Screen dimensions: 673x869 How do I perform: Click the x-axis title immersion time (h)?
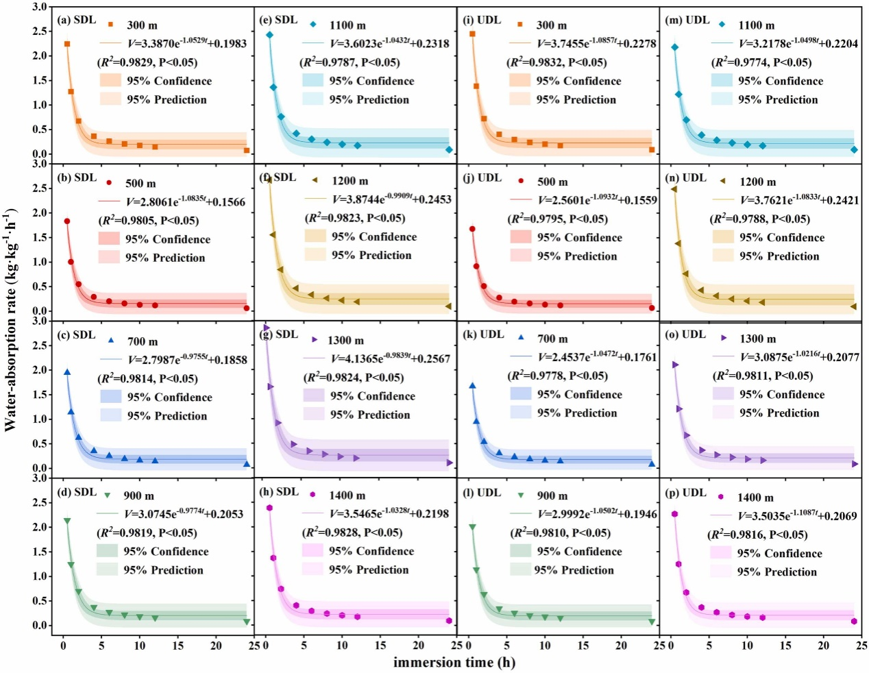[454, 662]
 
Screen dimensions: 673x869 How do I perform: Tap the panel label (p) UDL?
[685, 493]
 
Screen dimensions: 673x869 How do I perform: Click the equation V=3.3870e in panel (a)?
[187, 43]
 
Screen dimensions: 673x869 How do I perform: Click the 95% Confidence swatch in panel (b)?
[109, 239]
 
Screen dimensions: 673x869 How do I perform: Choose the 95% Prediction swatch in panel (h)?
[312, 570]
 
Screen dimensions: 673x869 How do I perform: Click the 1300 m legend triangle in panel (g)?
[315, 340]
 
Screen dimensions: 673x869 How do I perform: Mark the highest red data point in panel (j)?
[472, 229]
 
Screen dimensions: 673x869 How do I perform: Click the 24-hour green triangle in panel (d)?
[247, 622]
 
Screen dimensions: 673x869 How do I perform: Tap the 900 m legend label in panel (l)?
[552, 495]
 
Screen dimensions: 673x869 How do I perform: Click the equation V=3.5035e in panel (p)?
[797, 515]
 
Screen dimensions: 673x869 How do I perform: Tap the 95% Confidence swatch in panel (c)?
[110, 397]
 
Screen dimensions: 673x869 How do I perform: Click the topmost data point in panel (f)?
[269, 180]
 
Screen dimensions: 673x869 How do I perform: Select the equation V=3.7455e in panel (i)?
[597, 43]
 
